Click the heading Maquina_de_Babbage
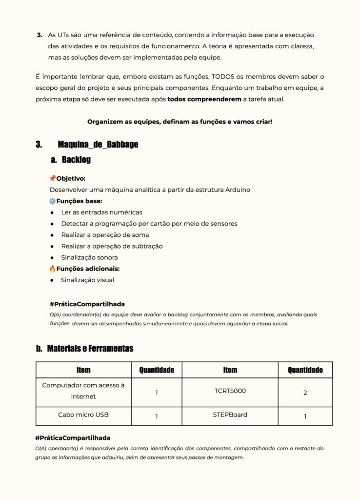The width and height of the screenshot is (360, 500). (x=98, y=145)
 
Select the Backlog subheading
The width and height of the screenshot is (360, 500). (x=76, y=160)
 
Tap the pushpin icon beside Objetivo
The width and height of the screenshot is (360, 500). (x=52, y=179)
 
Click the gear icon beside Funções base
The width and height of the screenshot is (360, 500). (x=52, y=201)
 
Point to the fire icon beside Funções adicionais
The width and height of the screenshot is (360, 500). (x=52, y=269)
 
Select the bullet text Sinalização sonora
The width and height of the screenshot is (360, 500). (x=89, y=257)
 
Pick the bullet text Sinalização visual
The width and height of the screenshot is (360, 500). (x=87, y=280)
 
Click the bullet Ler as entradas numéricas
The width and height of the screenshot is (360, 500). (x=101, y=212)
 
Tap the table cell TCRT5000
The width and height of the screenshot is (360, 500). (x=230, y=391)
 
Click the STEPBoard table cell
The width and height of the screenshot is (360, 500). (x=230, y=415)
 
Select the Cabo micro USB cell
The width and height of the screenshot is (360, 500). (x=83, y=415)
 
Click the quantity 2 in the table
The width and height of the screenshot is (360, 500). (x=305, y=393)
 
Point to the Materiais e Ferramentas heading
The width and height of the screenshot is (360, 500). (x=90, y=349)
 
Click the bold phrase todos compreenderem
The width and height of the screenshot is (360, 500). (x=204, y=99)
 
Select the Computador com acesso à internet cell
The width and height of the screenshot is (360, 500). (x=83, y=391)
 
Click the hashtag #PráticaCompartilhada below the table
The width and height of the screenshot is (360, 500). (x=73, y=438)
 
